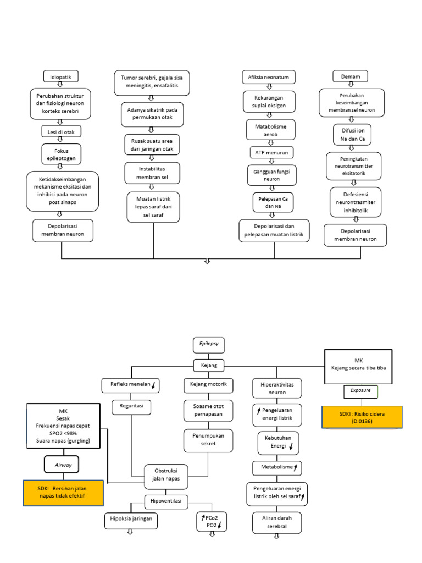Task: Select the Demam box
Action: [x=350, y=76]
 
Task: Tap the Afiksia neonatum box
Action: [x=269, y=76]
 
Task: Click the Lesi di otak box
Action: [x=62, y=131]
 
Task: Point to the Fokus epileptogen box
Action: [x=61, y=154]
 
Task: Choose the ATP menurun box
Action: [x=271, y=152]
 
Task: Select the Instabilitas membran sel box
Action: [x=153, y=172]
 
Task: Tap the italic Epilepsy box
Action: [x=208, y=345]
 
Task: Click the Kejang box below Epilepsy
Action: [x=208, y=365]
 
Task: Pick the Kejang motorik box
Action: [x=208, y=384]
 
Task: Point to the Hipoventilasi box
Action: [x=166, y=500]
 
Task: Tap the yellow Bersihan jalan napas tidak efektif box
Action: [x=63, y=492]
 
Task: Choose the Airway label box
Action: [x=63, y=464]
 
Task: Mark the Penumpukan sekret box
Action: [x=208, y=439]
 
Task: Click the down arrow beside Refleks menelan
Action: [x=155, y=387]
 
